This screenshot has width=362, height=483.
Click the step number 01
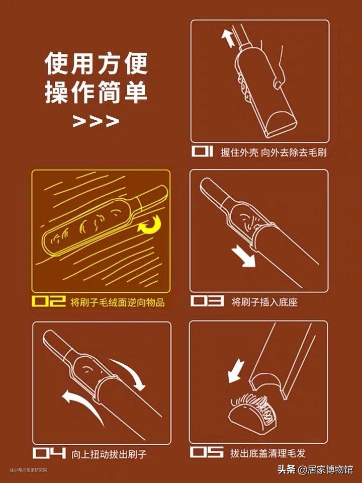(x=202, y=151)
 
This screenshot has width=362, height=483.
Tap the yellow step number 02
(x=49, y=301)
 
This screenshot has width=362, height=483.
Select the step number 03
(x=207, y=301)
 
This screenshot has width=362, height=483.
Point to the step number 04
(x=49, y=453)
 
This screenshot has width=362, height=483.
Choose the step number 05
(x=207, y=452)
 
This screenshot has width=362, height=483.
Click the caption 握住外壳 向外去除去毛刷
(x=274, y=152)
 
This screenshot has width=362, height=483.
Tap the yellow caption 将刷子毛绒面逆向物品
(x=118, y=302)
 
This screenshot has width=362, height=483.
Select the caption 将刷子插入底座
(x=265, y=302)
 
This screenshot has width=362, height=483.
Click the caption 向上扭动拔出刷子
(x=109, y=454)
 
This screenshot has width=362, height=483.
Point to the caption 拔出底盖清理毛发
(x=268, y=453)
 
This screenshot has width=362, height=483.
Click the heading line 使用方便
(x=97, y=64)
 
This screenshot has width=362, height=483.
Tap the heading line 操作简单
(x=97, y=92)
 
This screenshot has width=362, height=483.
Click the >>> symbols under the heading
(x=96, y=121)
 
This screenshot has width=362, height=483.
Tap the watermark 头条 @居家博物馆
(x=315, y=469)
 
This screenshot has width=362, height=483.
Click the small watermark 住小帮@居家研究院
(x=28, y=470)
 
